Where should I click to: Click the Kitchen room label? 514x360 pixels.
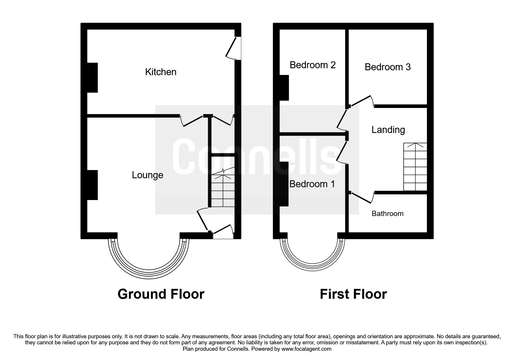[160, 72]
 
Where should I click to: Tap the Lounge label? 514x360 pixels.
[147, 175]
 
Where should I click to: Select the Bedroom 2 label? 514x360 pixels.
[313, 65]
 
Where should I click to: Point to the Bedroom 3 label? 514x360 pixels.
[387, 67]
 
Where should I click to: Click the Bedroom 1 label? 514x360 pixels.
[312, 184]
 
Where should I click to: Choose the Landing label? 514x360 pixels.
[388, 130]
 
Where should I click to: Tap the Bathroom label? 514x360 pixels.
[387, 214]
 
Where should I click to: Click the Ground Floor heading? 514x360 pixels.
[161, 294]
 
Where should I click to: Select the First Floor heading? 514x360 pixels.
[353, 294]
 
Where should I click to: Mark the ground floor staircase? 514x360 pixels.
[223, 190]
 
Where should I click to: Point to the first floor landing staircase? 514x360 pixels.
[415, 167]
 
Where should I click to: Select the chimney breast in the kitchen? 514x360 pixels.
[93, 78]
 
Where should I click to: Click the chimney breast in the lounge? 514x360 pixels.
[93, 185]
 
